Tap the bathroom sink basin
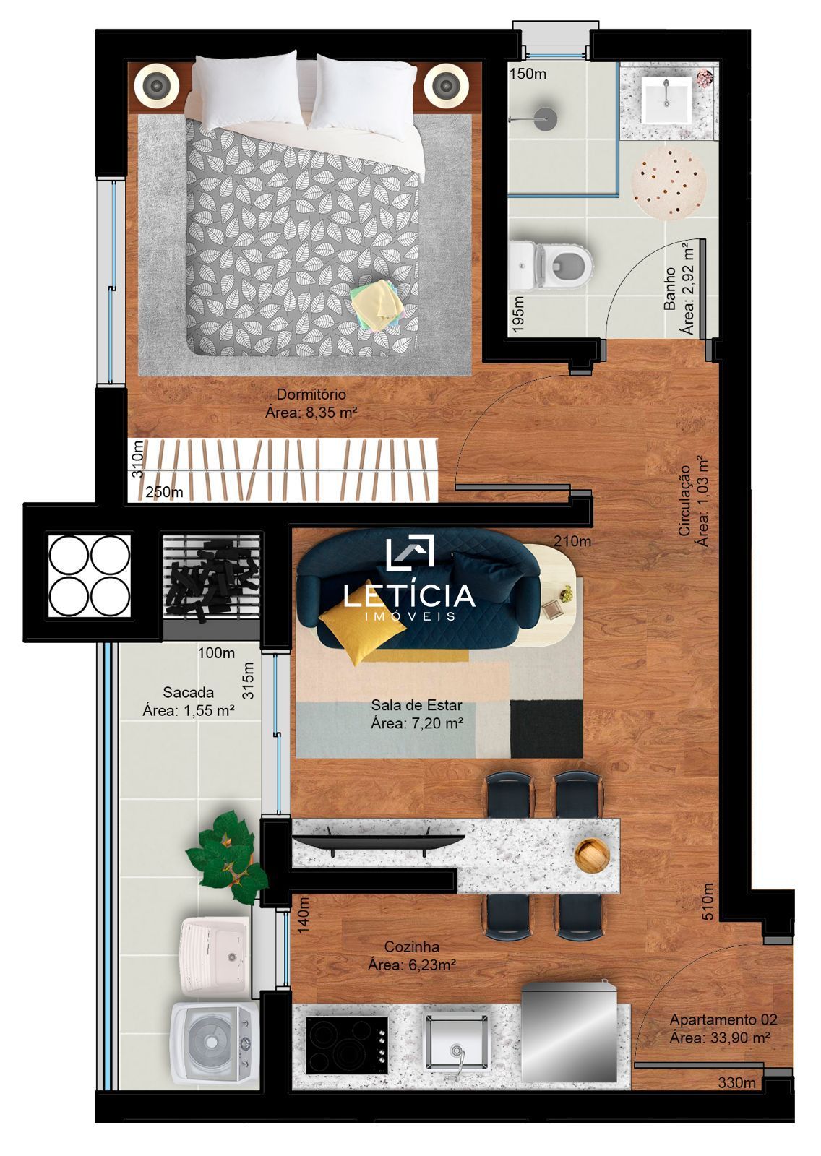pos(666,100)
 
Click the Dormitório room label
pos(311,394)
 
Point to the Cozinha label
pos(411,946)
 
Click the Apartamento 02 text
pos(723,1019)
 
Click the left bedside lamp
pos(157,86)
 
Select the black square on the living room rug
pos(546,727)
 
